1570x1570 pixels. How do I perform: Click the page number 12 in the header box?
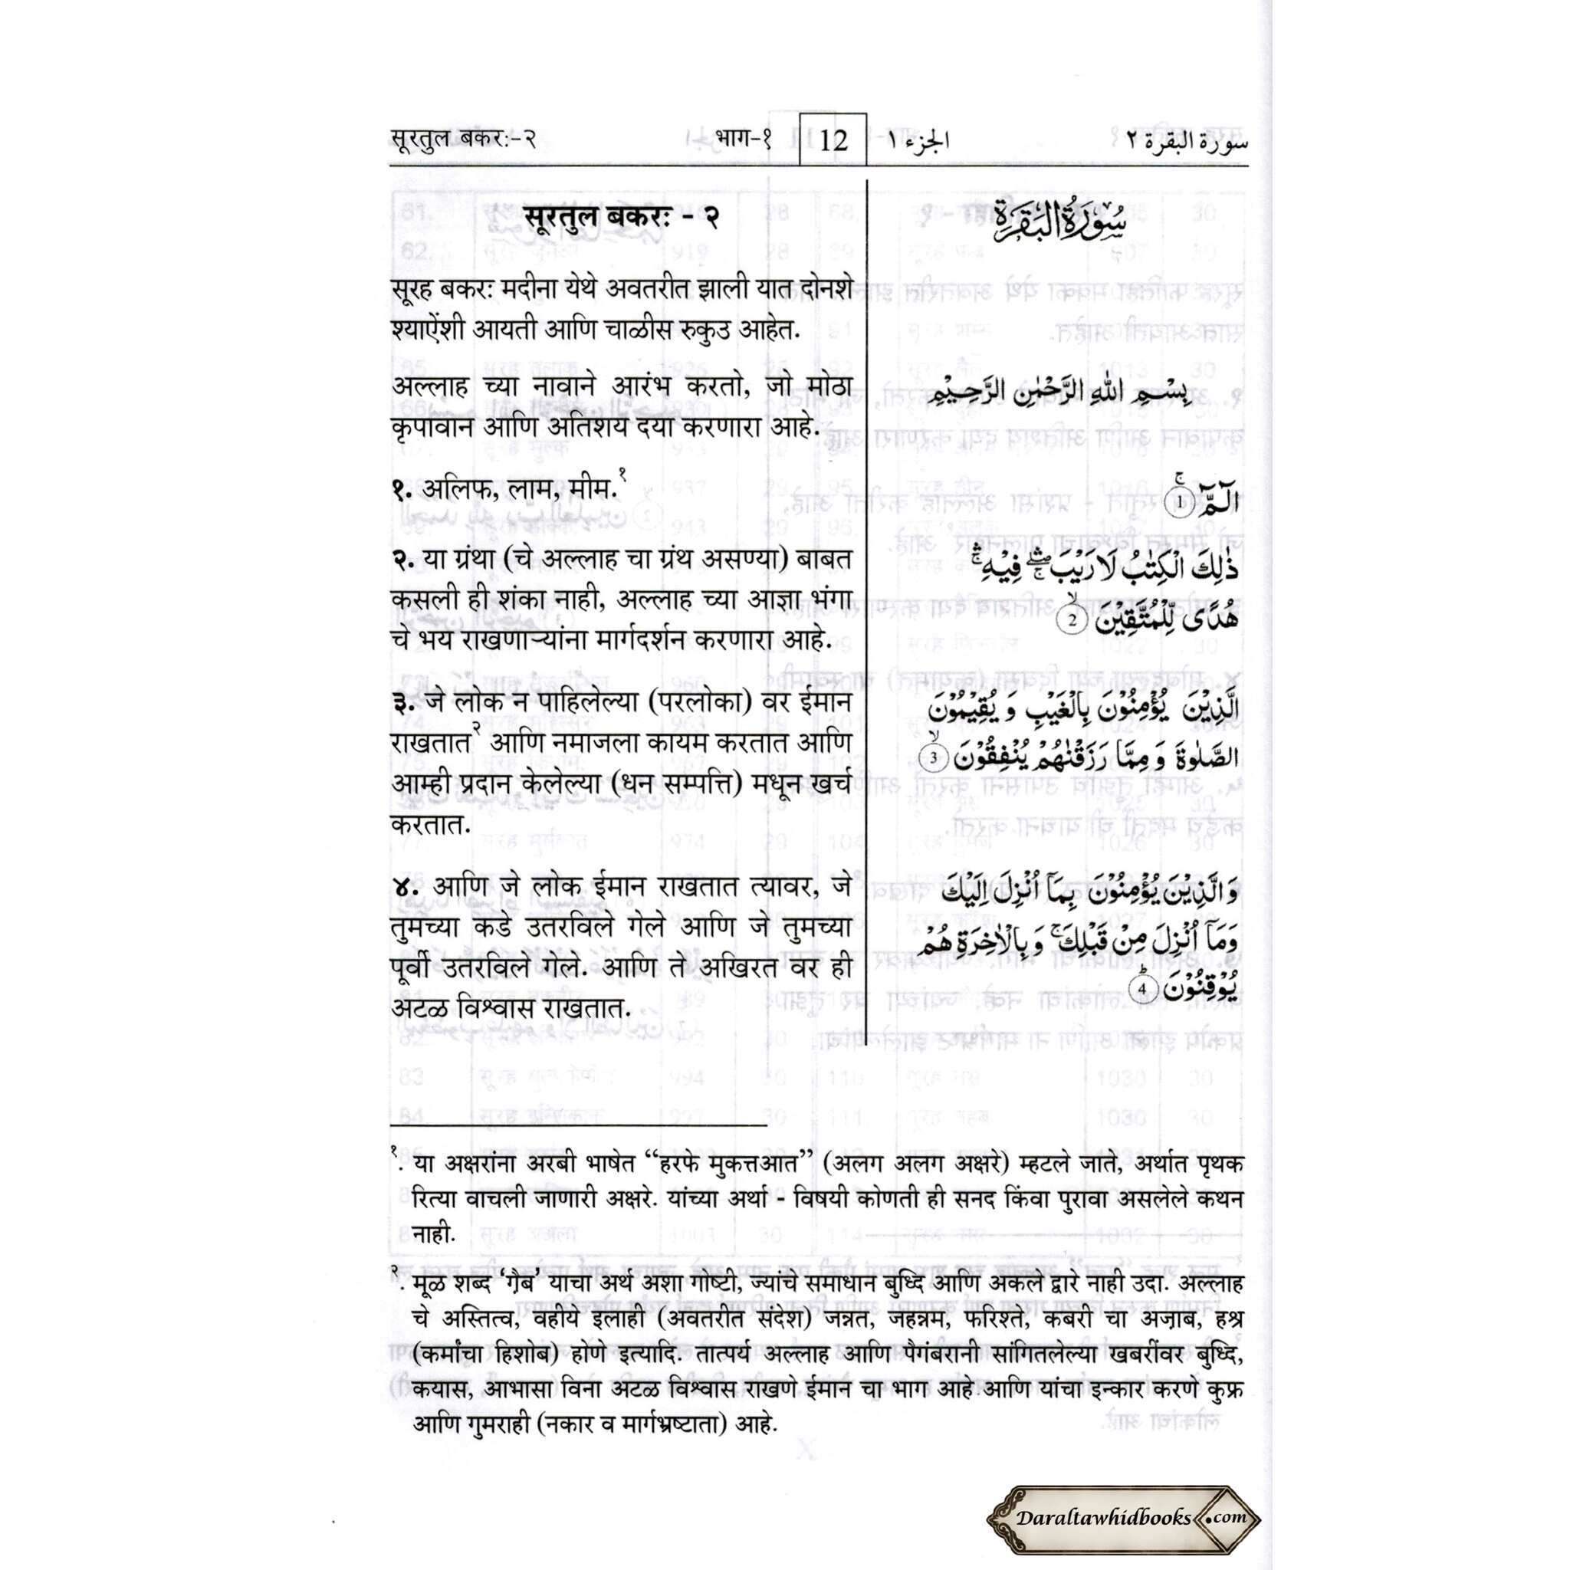(833, 141)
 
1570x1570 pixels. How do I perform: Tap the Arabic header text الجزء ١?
(917, 141)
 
